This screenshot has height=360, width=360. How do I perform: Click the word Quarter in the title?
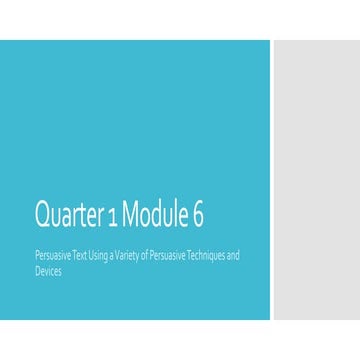point(68,214)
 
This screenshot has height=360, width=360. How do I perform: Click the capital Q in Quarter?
point(42,214)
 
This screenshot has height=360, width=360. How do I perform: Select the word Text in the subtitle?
point(78,256)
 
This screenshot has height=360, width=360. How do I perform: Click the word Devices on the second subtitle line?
point(47,271)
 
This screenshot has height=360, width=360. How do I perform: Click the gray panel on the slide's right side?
point(316,180)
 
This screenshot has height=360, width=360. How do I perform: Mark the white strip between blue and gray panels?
point(272,180)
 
